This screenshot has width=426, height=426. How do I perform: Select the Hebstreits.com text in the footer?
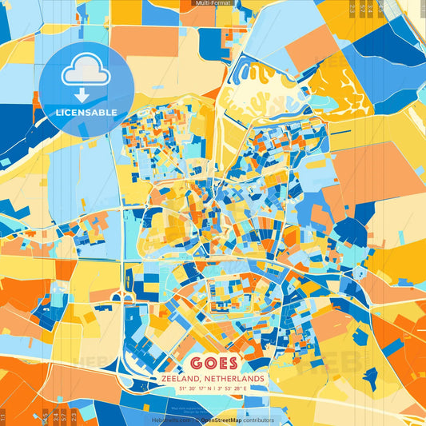point(166,420)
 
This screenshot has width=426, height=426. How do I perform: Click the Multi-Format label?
point(213,4)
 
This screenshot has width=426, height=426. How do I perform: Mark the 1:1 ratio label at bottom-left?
point(4,416)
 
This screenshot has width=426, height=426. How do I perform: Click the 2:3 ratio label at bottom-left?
point(74,416)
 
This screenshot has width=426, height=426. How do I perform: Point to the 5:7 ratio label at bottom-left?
point(64,416)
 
